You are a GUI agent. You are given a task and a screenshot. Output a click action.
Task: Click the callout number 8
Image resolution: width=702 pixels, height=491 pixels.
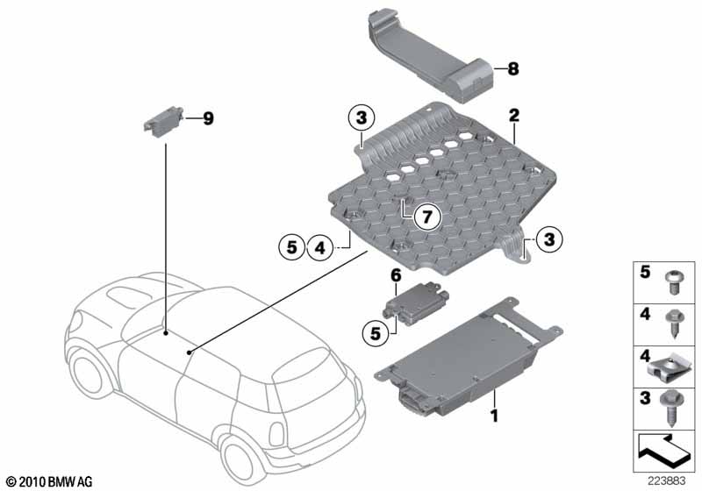click(513, 69)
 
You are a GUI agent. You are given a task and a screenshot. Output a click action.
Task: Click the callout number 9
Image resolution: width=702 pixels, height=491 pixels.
click(208, 118)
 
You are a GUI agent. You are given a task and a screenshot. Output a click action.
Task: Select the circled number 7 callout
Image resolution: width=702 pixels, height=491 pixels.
click(427, 217)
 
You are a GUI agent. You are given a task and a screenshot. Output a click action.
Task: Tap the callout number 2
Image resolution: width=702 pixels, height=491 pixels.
click(514, 116)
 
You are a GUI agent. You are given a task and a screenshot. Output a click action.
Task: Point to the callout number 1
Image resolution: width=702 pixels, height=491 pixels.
click(494, 416)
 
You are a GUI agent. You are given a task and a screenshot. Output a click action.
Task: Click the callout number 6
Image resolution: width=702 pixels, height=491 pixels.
click(397, 275)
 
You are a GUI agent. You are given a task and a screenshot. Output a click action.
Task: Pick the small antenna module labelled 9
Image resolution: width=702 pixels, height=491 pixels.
click(163, 120)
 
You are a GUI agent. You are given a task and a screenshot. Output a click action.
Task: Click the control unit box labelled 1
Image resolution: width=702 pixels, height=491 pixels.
click(468, 358)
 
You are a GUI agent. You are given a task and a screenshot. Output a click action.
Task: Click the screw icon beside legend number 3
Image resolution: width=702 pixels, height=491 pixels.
click(670, 409)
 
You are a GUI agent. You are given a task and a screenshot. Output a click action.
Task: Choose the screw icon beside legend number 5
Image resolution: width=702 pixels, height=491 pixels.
click(673, 282)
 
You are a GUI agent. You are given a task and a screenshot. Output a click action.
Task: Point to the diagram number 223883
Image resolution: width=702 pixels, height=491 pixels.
click(666, 480)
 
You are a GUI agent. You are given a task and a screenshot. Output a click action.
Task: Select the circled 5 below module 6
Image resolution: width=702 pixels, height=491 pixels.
click(376, 333)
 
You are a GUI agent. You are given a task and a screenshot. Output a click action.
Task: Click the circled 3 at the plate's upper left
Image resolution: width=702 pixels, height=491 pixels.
click(362, 117)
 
